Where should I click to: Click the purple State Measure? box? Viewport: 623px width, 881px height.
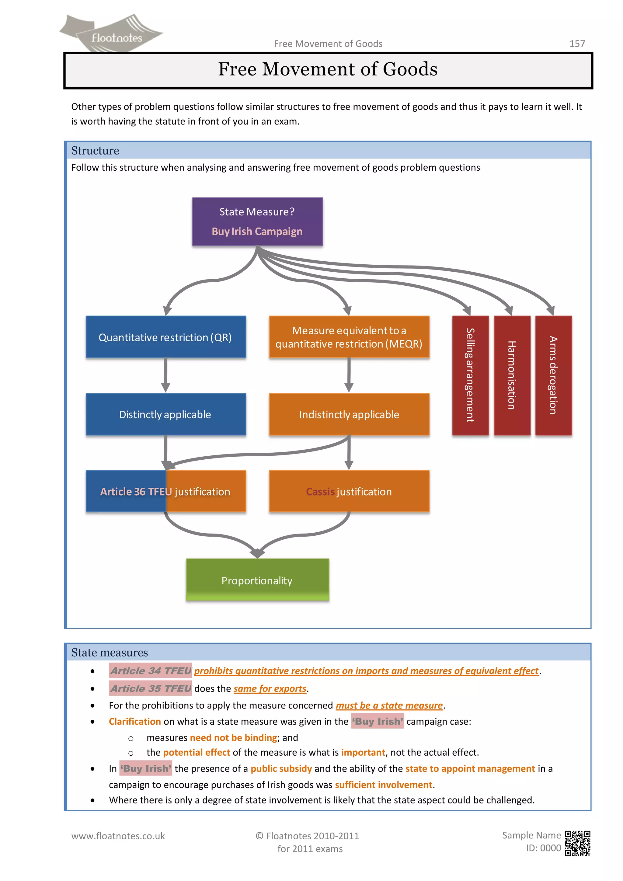coord(257,221)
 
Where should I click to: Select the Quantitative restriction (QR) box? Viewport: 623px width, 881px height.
coord(165,337)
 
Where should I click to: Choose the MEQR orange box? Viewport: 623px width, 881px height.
coord(349,337)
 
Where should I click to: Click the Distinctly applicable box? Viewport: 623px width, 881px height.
coord(165,414)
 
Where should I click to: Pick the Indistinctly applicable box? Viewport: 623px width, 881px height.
coord(349,414)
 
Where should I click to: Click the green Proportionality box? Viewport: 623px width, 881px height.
coord(257,580)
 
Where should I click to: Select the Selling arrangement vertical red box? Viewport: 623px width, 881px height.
coord(470,375)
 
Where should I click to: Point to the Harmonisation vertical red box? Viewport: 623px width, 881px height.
coord(512,375)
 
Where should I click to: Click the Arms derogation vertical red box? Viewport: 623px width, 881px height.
coord(553,375)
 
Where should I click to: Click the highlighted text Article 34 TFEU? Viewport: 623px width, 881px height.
coord(150,671)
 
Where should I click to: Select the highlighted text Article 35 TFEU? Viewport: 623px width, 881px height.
coord(150,688)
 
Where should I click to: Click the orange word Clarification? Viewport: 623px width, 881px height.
coord(135,721)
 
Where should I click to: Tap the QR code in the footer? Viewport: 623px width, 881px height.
coord(577,843)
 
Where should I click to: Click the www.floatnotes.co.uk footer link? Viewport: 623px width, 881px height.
coord(118,836)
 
